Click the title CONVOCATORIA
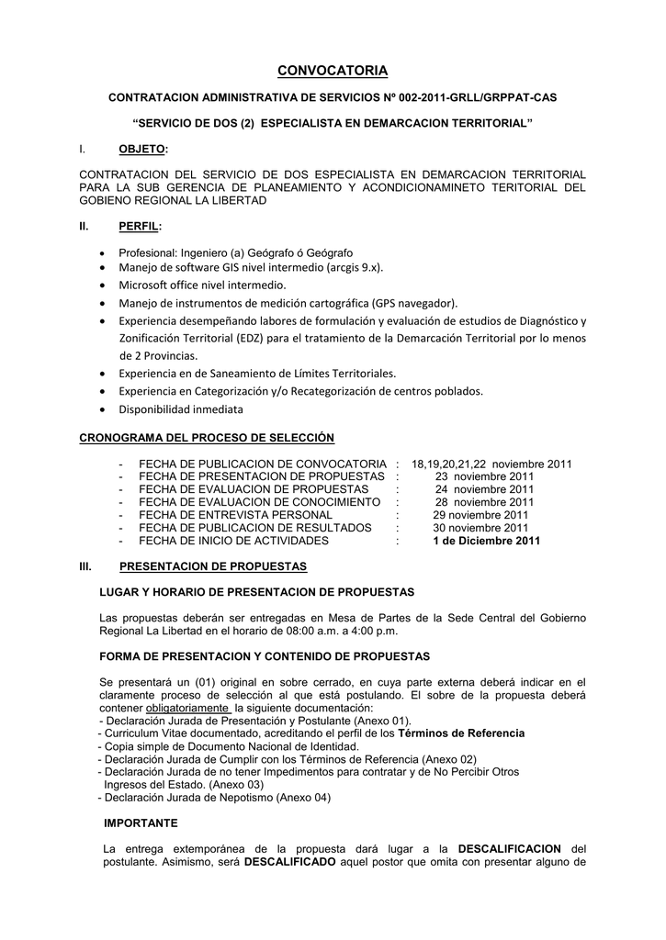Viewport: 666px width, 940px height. point(333,71)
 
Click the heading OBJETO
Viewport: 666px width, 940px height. point(142,149)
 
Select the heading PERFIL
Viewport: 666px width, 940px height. point(140,226)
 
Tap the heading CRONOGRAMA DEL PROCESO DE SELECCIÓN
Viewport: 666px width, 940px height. point(207,438)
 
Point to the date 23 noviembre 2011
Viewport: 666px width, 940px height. point(484,476)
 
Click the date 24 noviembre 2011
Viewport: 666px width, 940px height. point(484,489)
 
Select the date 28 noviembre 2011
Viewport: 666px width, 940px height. point(484,502)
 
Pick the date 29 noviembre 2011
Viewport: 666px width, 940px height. point(482,515)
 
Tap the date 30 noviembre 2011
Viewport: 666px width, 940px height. point(480,528)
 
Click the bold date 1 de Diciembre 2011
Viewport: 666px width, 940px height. point(486,541)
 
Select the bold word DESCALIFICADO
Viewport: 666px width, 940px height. point(290,862)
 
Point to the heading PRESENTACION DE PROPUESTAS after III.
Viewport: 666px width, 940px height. point(213,566)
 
